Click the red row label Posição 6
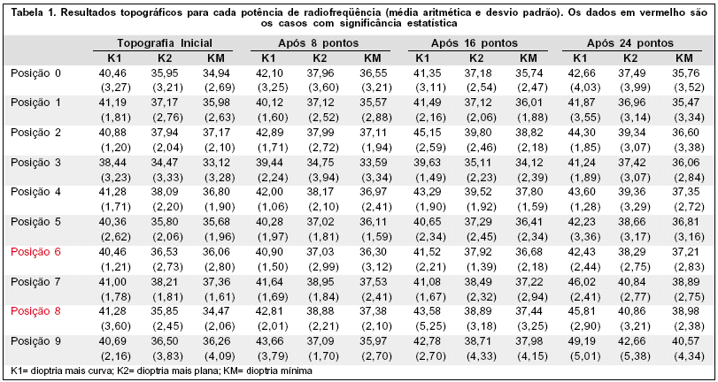35,251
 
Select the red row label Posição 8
35,311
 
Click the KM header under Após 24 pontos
683,57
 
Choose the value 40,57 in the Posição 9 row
683,341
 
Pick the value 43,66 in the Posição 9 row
273,341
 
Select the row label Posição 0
35,72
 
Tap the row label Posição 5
35,221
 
